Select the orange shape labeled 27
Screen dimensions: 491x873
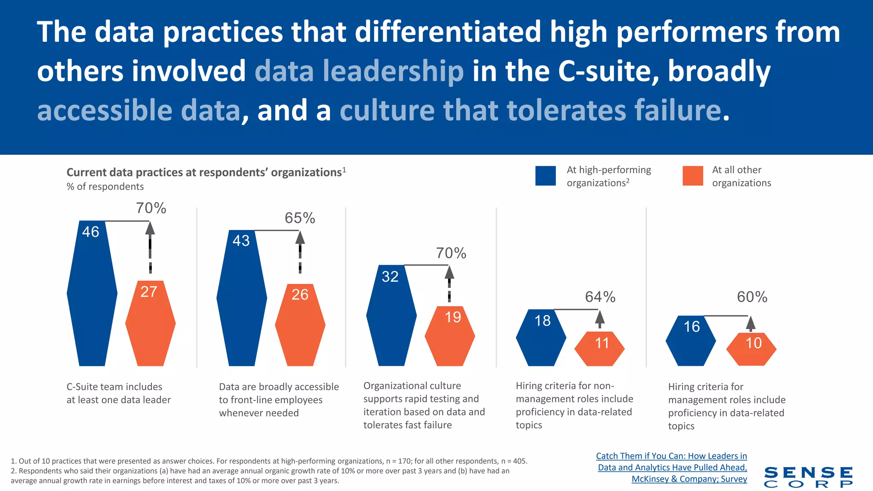coord(150,324)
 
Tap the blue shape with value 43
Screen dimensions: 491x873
coord(242,298)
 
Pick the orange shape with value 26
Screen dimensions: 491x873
coord(300,325)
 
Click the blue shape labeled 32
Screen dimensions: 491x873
coord(391,316)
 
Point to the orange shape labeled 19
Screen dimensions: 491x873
coord(450,336)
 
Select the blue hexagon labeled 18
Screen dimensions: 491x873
coord(541,338)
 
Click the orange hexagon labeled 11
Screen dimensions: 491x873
coord(599,349)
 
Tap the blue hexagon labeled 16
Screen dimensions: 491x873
coord(691,341)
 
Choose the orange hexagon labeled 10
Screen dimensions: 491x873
coord(751,349)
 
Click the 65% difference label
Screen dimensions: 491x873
coord(300,218)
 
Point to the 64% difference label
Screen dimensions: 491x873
coord(600,297)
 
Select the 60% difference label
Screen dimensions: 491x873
coord(752,297)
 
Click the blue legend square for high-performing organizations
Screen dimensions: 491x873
coord(545,176)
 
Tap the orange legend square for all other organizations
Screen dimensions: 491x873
coord(692,176)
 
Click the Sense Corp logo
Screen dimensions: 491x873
coord(808,477)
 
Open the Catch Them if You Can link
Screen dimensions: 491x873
coord(672,467)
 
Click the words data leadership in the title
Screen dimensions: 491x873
coord(359,71)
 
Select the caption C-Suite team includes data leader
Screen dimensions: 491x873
coord(119,393)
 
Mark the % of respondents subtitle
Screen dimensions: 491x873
coord(105,187)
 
